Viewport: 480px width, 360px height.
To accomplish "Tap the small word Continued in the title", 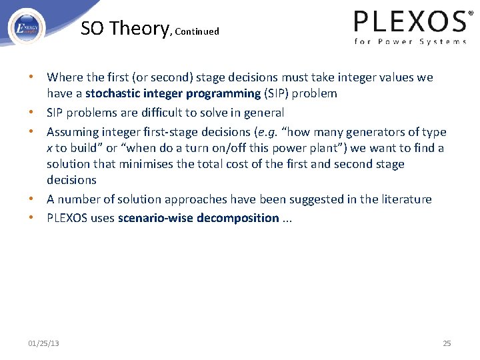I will click(x=197, y=31).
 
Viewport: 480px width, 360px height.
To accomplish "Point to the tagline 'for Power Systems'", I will click(x=410, y=41).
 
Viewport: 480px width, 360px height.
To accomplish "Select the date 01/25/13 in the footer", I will click(x=43, y=343).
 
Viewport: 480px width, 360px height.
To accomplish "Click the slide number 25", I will click(x=447, y=343).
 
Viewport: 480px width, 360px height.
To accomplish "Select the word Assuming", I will click(x=72, y=132).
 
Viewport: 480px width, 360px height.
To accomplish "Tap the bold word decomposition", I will click(x=238, y=218).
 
